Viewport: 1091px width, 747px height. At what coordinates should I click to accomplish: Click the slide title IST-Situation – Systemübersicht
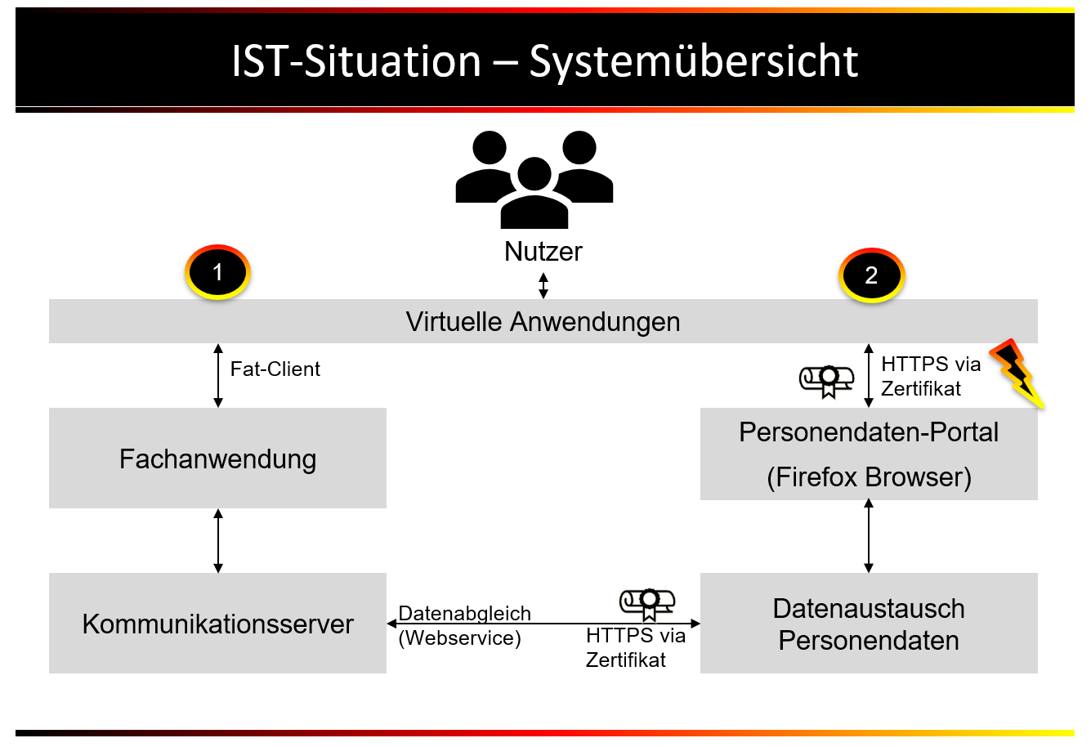tap(544, 61)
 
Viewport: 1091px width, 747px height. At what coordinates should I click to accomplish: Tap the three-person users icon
tap(534, 180)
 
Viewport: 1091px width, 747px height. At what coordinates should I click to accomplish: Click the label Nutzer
tap(543, 252)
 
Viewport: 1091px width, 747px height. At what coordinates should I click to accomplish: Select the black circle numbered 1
tap(217, 272)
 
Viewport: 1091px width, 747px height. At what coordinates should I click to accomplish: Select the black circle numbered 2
tap(871, 275)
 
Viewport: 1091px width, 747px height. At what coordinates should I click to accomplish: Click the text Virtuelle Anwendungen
tap(543, 321)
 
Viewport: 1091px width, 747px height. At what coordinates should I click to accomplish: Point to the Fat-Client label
tap(275, 369)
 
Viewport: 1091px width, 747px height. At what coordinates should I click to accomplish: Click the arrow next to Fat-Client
tap(218, 375)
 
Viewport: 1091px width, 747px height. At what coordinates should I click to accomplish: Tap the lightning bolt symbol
tap(1017, 373)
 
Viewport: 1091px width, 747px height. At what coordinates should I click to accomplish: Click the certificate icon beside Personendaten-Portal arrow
tap(827, 380)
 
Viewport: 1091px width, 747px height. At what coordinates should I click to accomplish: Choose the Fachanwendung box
tap(217, 458)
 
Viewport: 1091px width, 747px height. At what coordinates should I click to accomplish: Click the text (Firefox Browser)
tap(869, 477)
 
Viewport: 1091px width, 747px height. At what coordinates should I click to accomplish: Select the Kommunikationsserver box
tap(217, 624)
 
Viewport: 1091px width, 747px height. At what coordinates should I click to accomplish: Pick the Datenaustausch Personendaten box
tap(869, 624)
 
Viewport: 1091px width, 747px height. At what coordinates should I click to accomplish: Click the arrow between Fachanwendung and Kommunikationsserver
tap(218, 540)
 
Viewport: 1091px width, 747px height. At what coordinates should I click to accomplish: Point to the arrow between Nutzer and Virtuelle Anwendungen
tap(543, 285)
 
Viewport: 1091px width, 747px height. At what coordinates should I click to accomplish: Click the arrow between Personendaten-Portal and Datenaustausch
tap(869, 536)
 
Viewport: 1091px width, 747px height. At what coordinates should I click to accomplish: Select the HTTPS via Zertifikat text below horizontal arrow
tap(634, 647)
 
